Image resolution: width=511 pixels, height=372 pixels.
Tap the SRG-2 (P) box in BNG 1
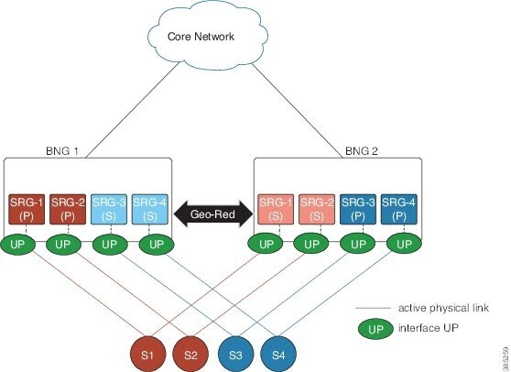66,206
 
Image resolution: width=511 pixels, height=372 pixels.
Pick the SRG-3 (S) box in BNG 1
108,206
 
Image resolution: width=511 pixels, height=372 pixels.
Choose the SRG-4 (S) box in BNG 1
149,206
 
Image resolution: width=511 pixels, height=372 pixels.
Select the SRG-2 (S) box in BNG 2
316,206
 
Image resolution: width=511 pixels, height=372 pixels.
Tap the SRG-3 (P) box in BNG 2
358,206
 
